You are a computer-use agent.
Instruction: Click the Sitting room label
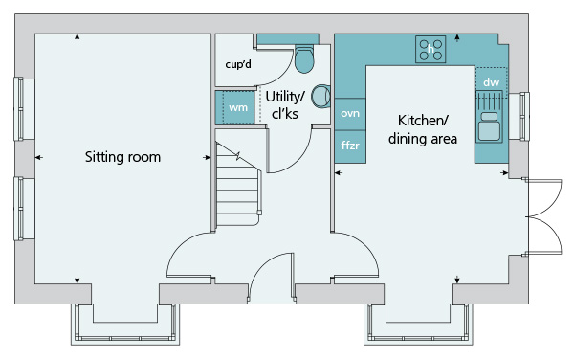coord(122,157)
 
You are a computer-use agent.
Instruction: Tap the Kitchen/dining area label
coord(423,129)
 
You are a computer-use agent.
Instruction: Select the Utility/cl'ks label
coord(285,105)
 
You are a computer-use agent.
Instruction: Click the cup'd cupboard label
coord(238,64)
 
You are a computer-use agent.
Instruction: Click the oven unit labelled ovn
coord(350,114)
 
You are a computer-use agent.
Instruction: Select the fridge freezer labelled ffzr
coord(350,146)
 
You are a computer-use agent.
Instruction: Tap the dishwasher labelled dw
coord(492,82)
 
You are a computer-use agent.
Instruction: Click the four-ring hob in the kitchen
coord(430,49)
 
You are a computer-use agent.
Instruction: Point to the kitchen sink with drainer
coord(489,117)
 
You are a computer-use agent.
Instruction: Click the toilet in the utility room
coord(304,58)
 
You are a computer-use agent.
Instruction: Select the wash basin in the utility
coord(320,97)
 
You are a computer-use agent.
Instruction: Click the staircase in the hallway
coord(238,185)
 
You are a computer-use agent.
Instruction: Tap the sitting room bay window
coord(125,325)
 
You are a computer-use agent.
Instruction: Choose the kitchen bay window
coord(418,325)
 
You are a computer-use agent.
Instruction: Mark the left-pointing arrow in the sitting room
coord(39,157)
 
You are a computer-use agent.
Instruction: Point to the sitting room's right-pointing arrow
coord(207,157)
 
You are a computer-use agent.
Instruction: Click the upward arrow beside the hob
coord(457,38)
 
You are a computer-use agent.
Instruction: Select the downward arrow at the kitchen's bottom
coord(457,279)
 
